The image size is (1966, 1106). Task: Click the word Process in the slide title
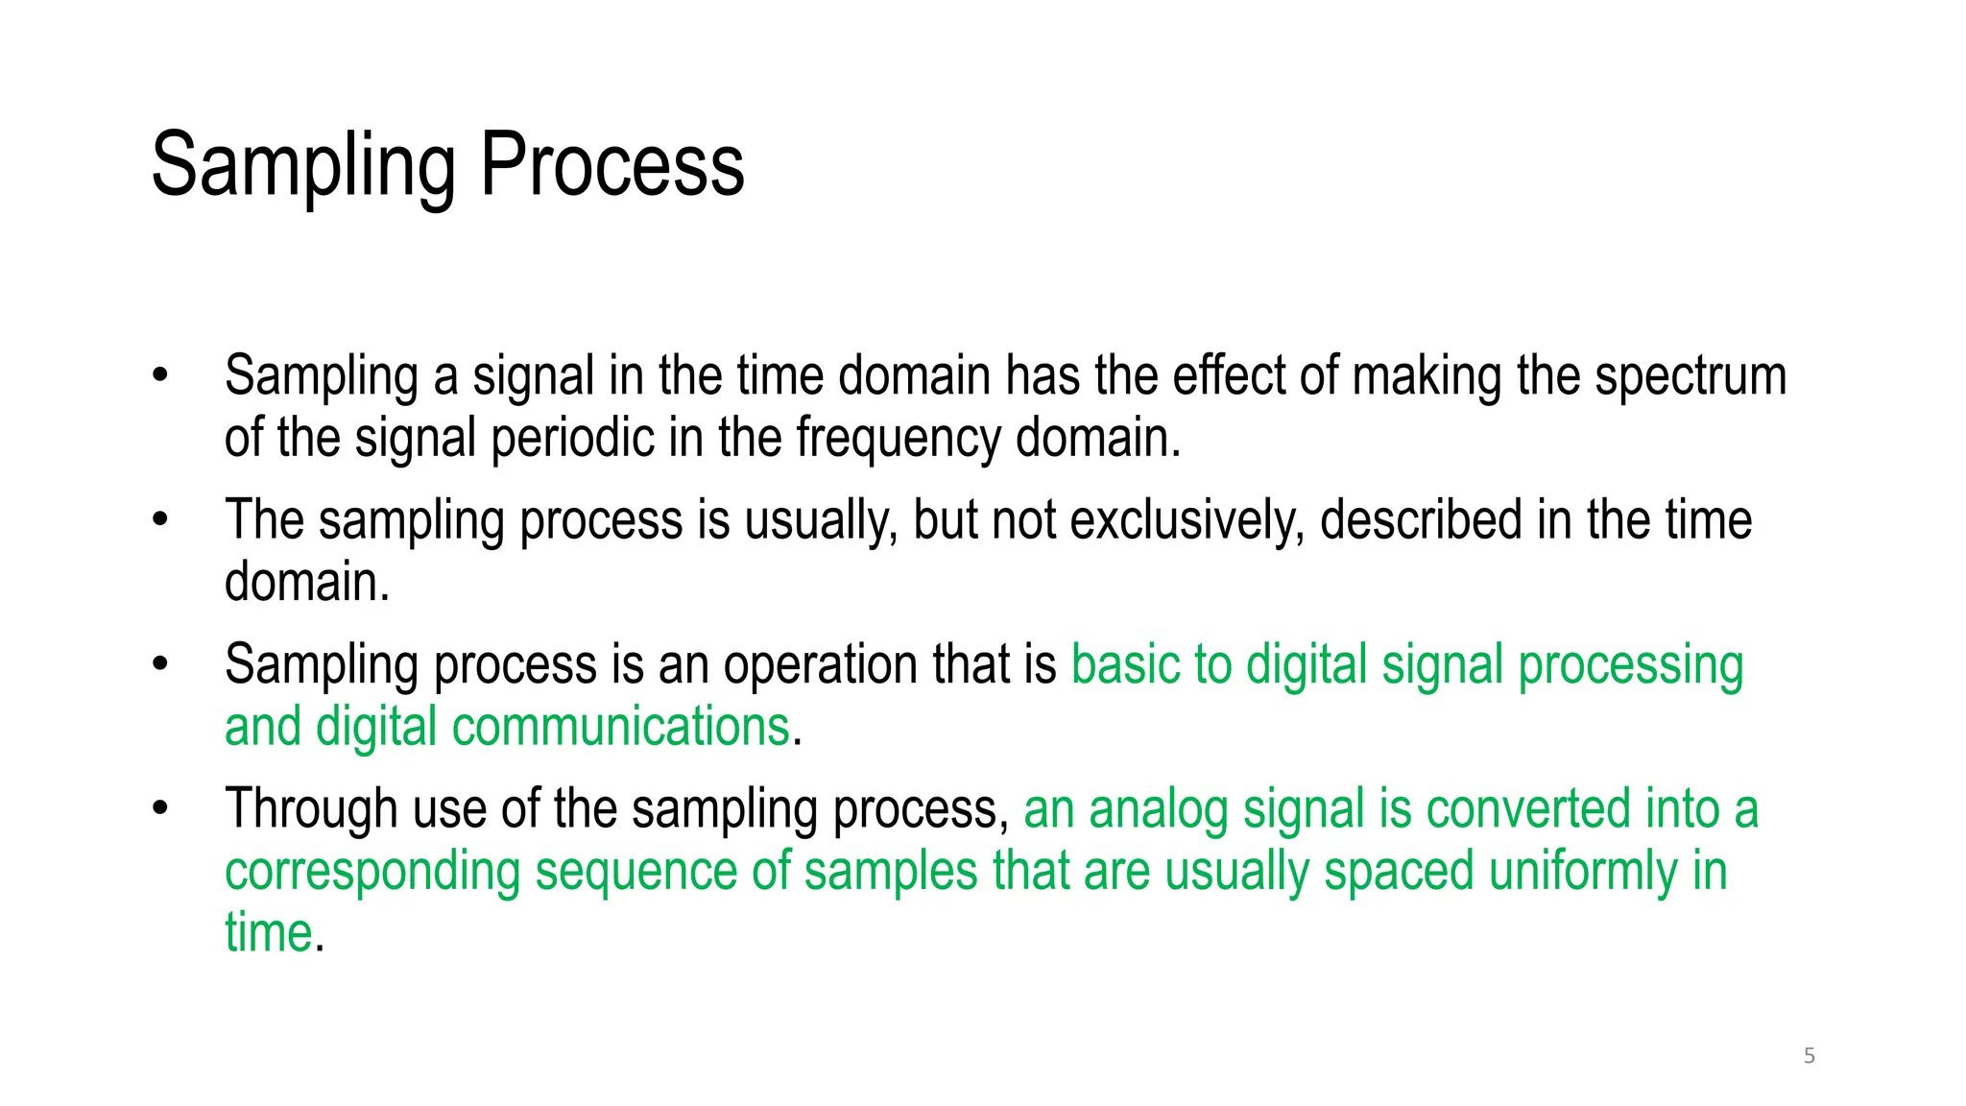click(611, 165)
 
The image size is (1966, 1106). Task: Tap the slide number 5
click(1810, 1056)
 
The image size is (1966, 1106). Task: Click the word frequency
click(898, 439)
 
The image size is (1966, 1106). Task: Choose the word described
click(1421, 521)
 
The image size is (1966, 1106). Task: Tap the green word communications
click(620, 727)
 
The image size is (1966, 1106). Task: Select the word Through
click(310, 808)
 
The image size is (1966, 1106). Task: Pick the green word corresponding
click(372, 872)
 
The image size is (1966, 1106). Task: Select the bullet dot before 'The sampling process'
click(160, 520)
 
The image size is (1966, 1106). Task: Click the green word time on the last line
click(269, 933)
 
